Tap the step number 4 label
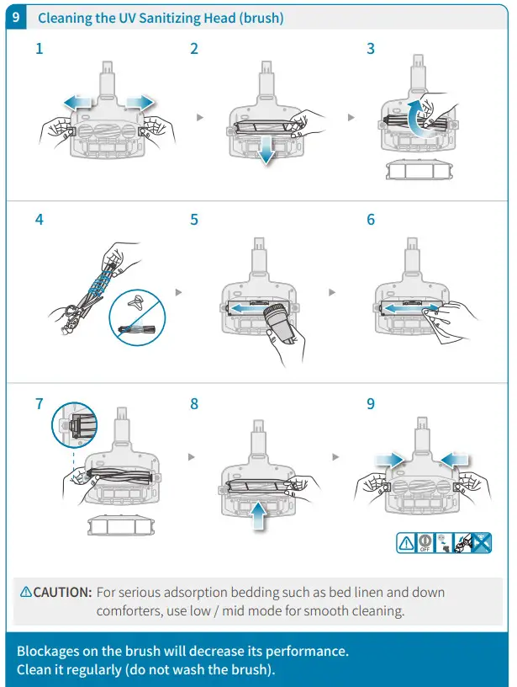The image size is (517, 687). point(40,220)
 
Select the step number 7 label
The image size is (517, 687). point(40,404)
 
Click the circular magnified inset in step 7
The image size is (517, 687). point(75,425)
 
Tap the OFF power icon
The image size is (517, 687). point(428,543)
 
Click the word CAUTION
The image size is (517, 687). point(62,592)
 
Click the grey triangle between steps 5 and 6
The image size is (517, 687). point(333,292)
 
